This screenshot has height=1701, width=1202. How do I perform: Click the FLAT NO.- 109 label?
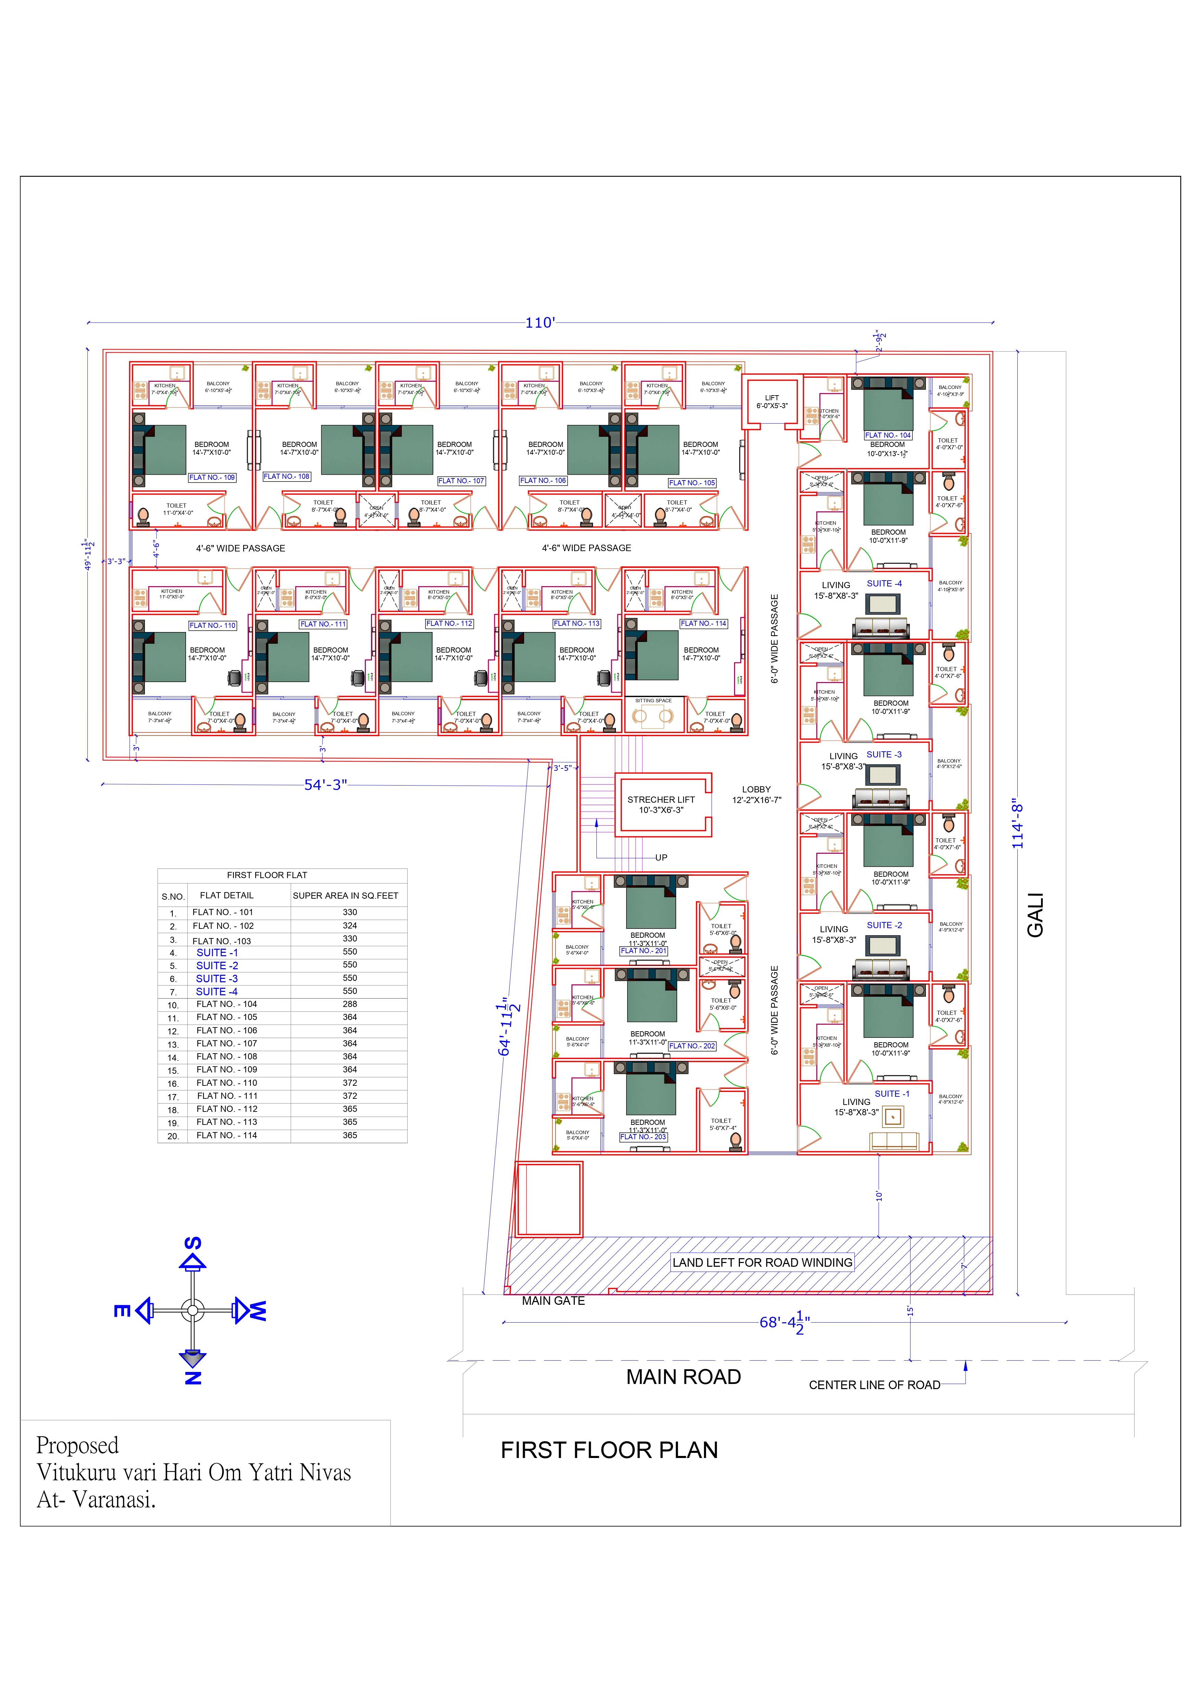pos(212,478)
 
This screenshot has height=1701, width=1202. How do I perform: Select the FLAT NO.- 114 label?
pos(704,624)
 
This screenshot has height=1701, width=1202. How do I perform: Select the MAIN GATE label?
pos(553,1301)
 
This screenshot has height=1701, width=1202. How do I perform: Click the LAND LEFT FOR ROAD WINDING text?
pos(762,1262)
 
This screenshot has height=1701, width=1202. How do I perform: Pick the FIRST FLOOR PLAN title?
pos(609,1450)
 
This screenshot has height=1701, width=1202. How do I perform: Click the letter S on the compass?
pos(193,1243)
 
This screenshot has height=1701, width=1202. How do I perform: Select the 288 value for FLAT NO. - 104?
pos(349,1004)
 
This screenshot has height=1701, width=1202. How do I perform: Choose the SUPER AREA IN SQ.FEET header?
pos(345,896)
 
